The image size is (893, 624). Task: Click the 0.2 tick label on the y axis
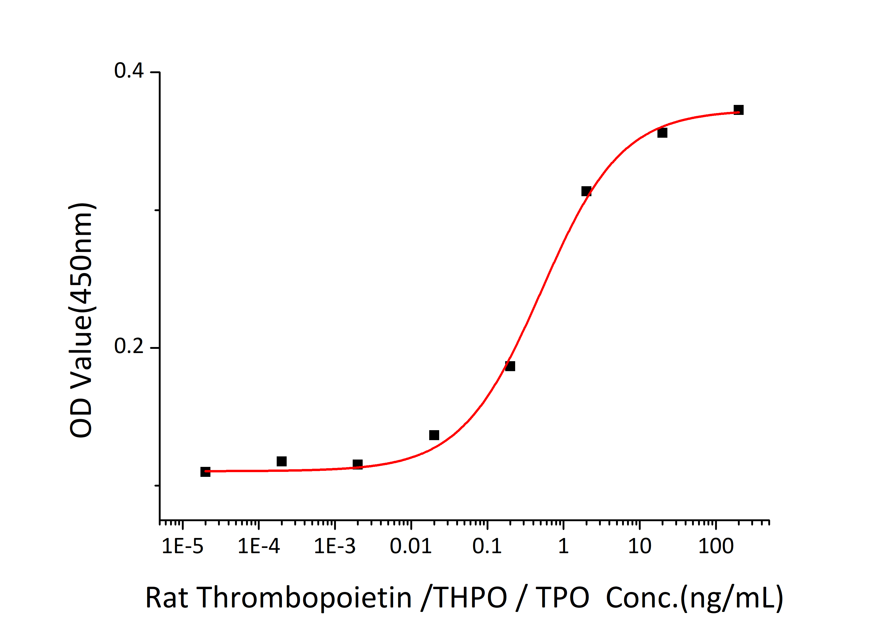pyautogui.click(x=129, y=346)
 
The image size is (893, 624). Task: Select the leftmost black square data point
pyautogui.click(x=205, y=472)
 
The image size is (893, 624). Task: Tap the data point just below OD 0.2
pyautogui.click(x=510, y=366)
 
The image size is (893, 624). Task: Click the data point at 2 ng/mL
pyautogui.click(x=586, y=191)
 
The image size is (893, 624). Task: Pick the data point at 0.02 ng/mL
pyautogui.click(x=434, y=435)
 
